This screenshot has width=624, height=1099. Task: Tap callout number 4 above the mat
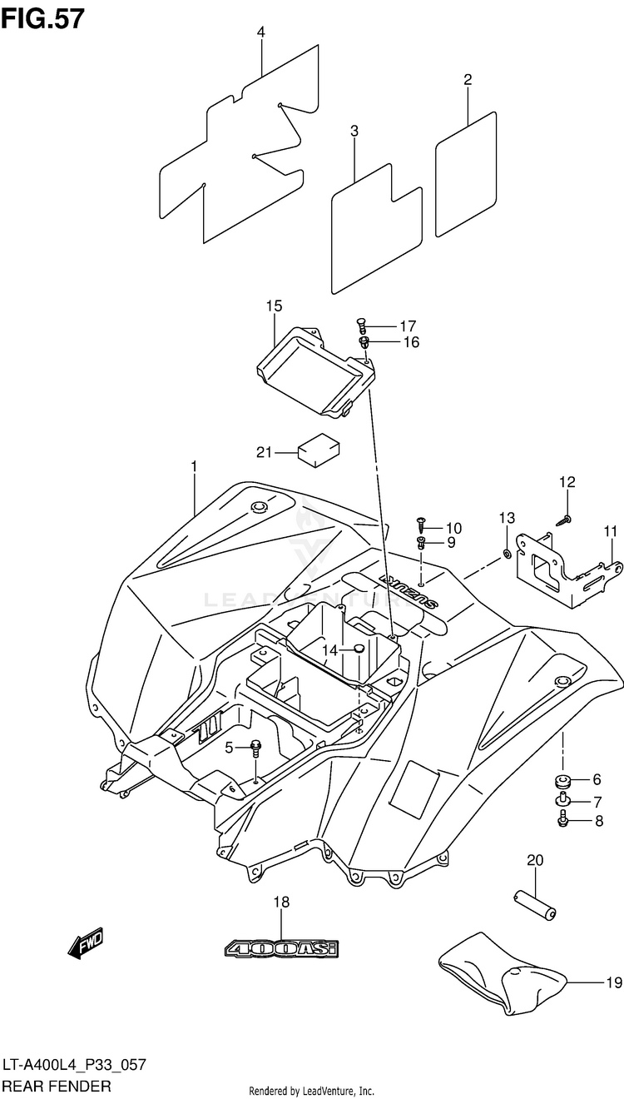coord(260,32)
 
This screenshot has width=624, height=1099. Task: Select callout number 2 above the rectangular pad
coord(468,79)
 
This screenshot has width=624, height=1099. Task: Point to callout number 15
coord(274,306)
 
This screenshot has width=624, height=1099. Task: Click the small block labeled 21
coord(319,450)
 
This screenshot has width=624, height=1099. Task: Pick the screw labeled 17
coord(362,326)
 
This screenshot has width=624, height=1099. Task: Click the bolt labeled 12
coord(564,520)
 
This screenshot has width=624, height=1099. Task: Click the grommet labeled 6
coord(562,780)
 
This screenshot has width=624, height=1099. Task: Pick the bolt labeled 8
coord(562,819)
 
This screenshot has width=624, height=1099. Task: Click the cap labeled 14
coord(359,649)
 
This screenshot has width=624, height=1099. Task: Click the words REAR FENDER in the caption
coord(57,1086)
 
